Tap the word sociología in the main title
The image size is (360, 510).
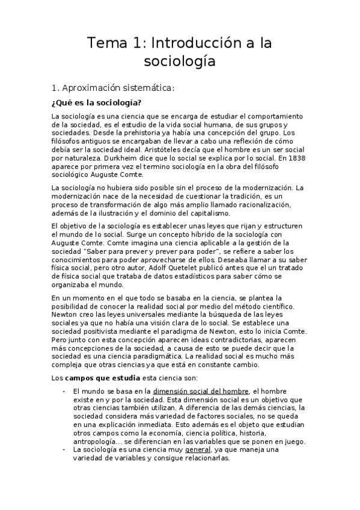click(180, 61)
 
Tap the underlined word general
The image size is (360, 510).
click(198, 449)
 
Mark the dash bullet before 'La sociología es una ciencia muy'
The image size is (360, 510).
click(64, 449)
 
